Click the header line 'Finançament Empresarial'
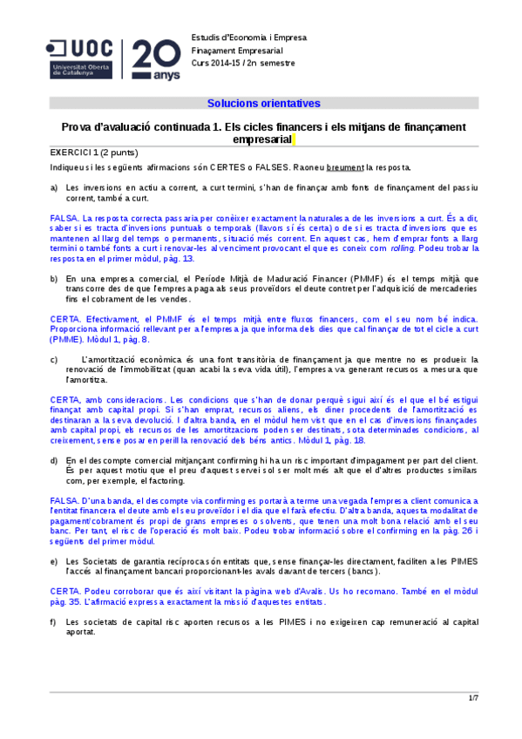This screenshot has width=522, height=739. click(x=233, y=51)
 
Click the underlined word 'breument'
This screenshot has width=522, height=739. click(x=345, y=166)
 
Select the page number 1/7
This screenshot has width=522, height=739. click(x=473, y=698)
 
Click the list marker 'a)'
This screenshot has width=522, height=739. click(x=55, y=187)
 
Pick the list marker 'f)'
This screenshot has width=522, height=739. click(x=55, y=620)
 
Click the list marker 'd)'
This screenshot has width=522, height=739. click(x=55, y=459)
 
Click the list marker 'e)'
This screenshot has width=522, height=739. click(x=55, y=561)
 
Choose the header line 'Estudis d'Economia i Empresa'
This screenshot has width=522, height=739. click(x=243, y=37)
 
